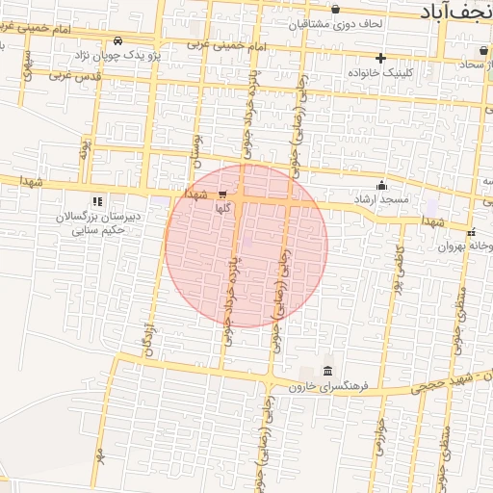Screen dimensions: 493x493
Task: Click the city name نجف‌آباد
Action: point(456,11)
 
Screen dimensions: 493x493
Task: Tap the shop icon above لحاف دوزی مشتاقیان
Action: point(335,10)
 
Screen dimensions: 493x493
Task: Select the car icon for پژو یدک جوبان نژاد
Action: point(117,41)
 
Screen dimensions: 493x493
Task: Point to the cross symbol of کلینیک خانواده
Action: point(381,58)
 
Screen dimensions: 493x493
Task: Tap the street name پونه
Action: point(85,149)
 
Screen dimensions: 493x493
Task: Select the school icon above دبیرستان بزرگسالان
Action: point(95,201)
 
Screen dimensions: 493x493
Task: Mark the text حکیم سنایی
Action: point(97,230)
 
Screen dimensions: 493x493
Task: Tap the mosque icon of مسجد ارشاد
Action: point(382,186)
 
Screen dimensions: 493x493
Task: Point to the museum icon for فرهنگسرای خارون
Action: point(328,372)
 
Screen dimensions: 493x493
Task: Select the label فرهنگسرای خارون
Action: point(329,388)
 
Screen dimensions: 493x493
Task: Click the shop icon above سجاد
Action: point(482,50)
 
